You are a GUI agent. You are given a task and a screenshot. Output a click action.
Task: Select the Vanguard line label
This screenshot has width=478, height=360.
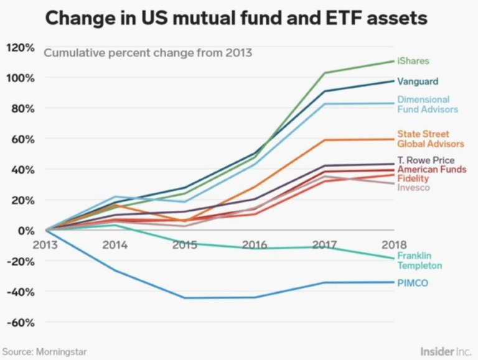coord(418,81)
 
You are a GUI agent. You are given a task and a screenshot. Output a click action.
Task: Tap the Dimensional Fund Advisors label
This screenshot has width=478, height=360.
coord(428,104)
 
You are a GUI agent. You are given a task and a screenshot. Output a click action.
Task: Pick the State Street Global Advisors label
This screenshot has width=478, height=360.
coord(431,139)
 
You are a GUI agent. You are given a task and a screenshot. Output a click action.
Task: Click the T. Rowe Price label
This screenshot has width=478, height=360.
coord(426,160)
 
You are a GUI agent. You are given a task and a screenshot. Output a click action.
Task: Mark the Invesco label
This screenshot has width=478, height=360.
coord(413,187)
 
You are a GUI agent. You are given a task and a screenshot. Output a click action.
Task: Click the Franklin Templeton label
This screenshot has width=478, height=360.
coord(419,261)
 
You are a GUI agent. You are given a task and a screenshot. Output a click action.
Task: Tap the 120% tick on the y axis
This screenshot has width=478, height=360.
coord(21,47)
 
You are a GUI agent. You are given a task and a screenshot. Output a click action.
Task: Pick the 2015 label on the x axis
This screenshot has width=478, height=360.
coord(184,245)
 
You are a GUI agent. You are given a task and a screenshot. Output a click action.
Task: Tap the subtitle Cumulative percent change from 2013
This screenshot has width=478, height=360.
coord(148,52)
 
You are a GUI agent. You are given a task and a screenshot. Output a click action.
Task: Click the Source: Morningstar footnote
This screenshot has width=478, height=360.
coord(44,352)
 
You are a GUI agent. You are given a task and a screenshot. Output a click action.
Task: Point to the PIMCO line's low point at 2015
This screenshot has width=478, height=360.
coord(184,298)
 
